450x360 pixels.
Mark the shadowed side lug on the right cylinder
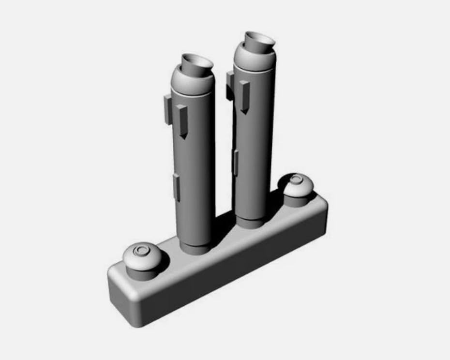pos(230,85)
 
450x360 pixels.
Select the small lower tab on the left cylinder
pos(177,188)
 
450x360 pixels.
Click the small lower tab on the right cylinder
pos(236,163)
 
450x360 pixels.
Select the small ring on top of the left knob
pos(141,250)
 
